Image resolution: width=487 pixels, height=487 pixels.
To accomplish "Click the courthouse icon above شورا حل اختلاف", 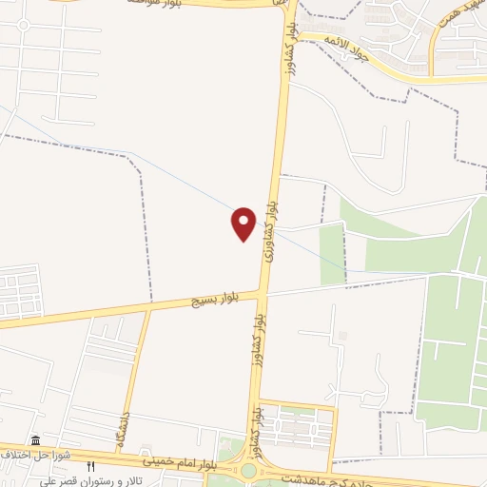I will [x=36, y=440].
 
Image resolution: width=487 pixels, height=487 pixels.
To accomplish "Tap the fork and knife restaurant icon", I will [x=91, y=467].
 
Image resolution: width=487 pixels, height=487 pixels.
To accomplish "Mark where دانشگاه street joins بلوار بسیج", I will [x=149, y=308].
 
